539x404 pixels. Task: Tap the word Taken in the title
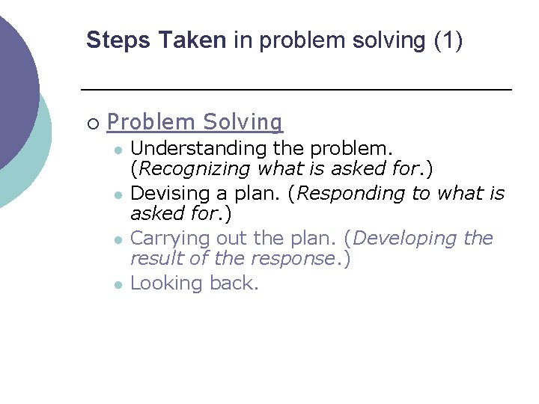tap(192, 40)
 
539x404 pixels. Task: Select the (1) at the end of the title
tap(448, 40)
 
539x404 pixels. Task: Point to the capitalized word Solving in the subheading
tap(243, 122)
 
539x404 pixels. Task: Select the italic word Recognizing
tap(193, 169)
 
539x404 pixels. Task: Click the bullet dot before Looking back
tap(118, 284)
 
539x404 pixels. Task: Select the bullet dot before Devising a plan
tap(118, 195)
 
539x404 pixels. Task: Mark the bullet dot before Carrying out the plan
tap(118, 239)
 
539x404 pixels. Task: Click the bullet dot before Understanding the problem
tap(118, 150)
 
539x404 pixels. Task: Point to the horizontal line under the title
tap(296, 90)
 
